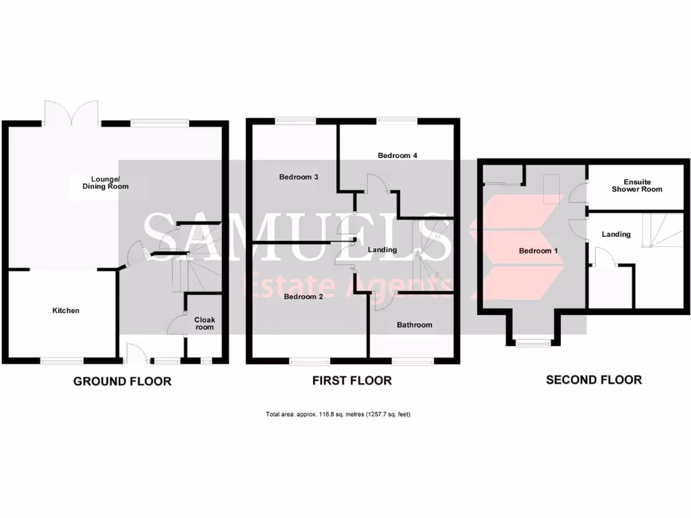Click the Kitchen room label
click(66, 311)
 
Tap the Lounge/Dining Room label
click(105, 182)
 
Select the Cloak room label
click(204, 323)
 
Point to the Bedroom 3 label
click(299, 177)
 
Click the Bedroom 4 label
click(397, 156)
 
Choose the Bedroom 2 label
click(303, 296)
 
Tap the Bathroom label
click(414, 325)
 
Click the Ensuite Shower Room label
click(636, 185)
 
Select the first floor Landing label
click(382, 250)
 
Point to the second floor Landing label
click(616, 235)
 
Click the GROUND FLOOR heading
click(122, 382)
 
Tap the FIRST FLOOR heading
click(352, 381)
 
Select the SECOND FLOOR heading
click(594, 380)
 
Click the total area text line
click(338, 414)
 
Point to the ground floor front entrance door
click(133, 352)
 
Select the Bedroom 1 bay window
click(532, 342)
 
